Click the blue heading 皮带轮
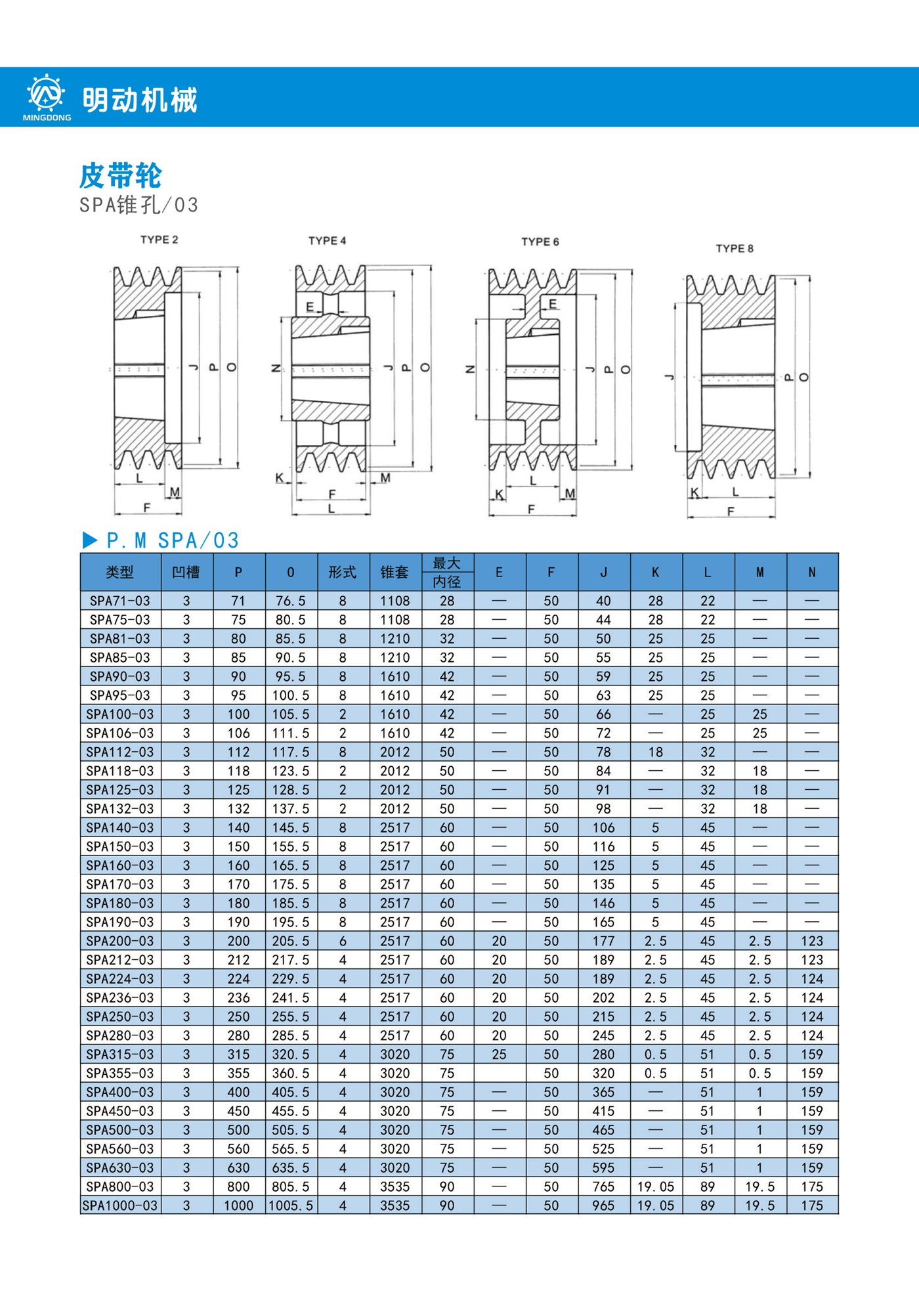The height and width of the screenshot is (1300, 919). (121, 175)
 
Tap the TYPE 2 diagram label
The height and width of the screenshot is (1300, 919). (160, 240)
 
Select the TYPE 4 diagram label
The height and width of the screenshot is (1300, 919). (328, 241)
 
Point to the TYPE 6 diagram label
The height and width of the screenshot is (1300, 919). (540, 242)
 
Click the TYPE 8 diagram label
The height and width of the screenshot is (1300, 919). (735, 248)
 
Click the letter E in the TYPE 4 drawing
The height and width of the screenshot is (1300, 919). (310, 307)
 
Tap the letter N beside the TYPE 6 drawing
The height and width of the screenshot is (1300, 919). (470, 369)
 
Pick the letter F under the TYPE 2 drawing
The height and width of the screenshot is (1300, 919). (147, 508)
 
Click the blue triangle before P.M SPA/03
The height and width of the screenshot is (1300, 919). (90, 540)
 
